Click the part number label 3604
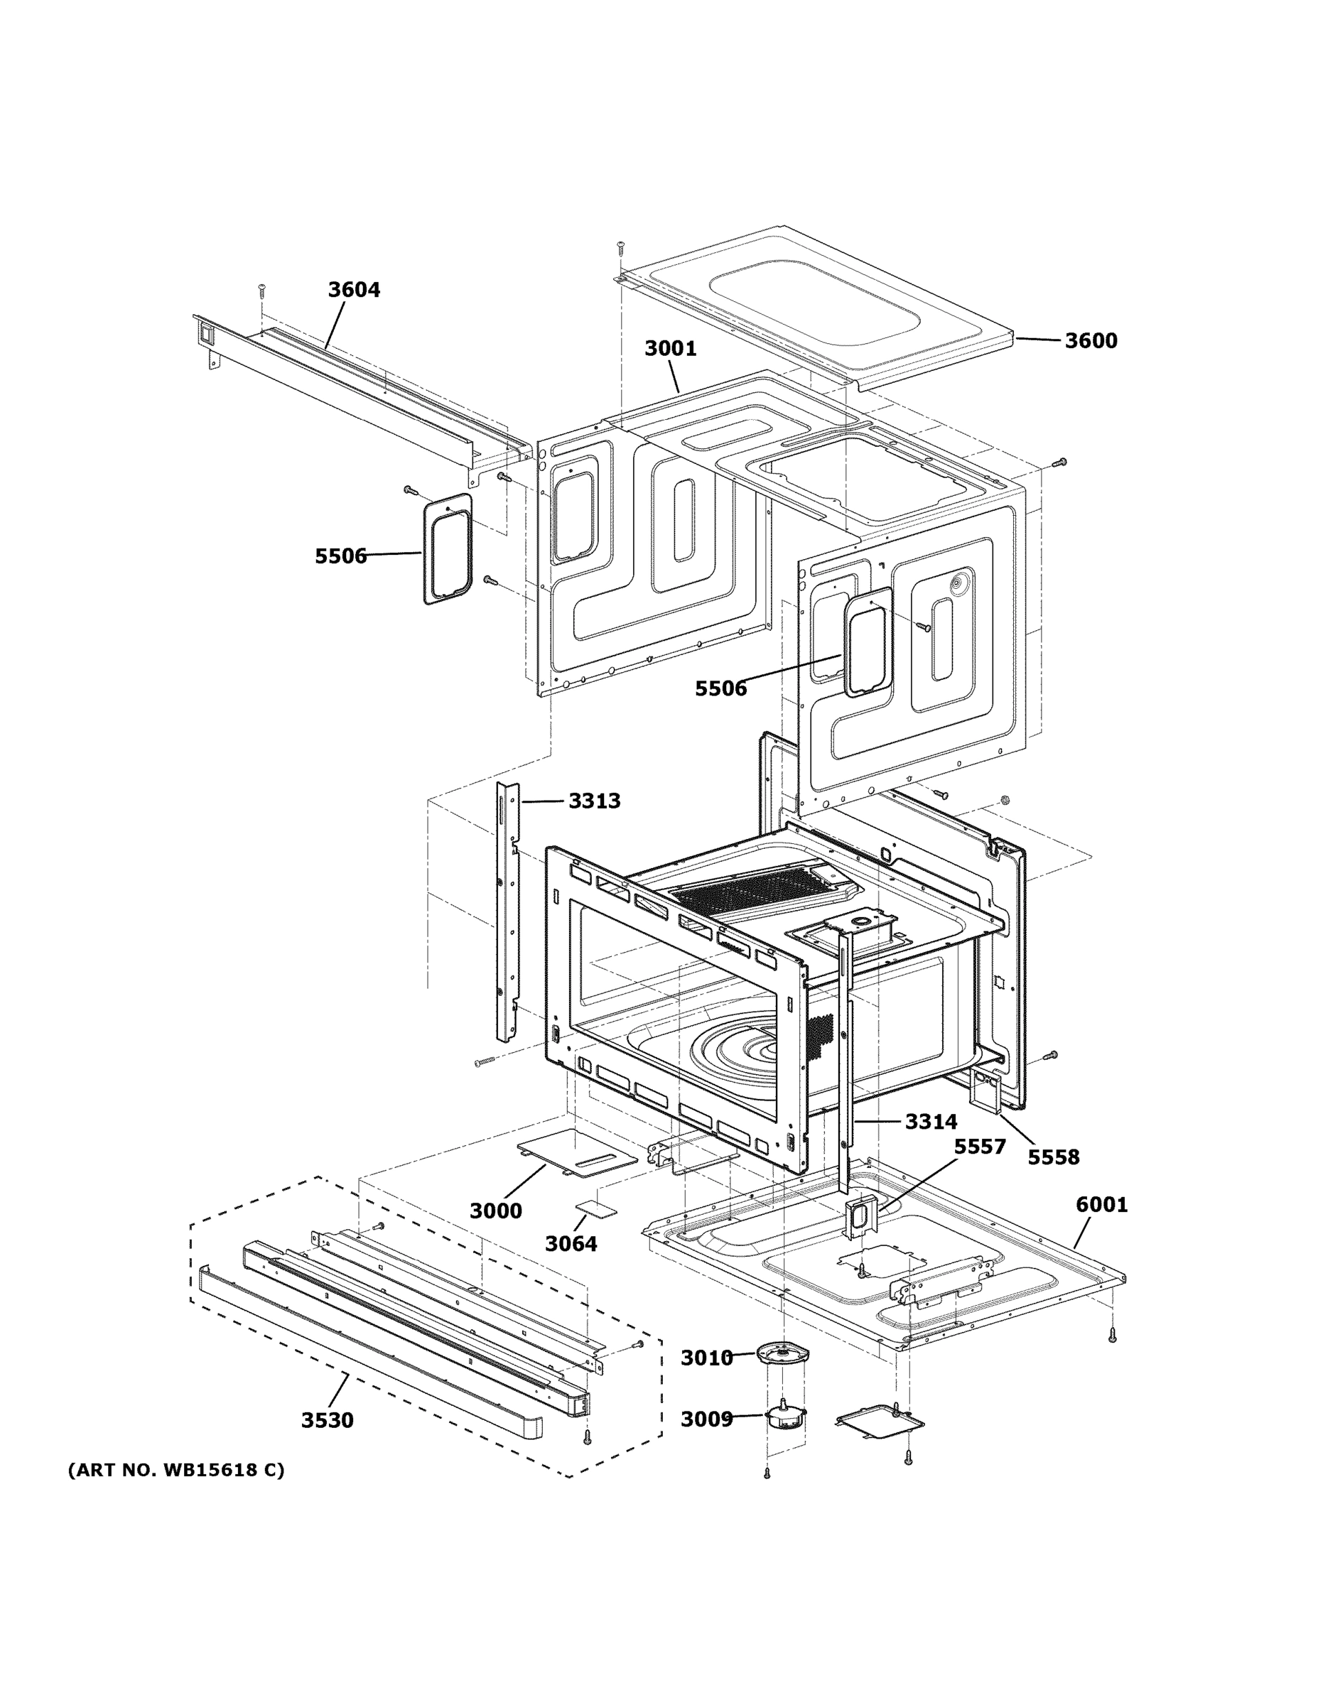[354, 290]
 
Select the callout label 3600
[1091, 340]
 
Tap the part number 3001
[670, 348]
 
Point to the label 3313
[594, 800]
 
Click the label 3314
[931, 1122]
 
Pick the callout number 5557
[980, 1147]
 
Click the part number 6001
[1102, 1205]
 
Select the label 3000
[495, 1211]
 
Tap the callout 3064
[571, 1244]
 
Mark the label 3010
[707, 1358]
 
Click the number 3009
[707, 1419]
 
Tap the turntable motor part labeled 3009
[784, 1417]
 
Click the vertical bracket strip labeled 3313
[507, 914]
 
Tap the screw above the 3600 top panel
[621, 248]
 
